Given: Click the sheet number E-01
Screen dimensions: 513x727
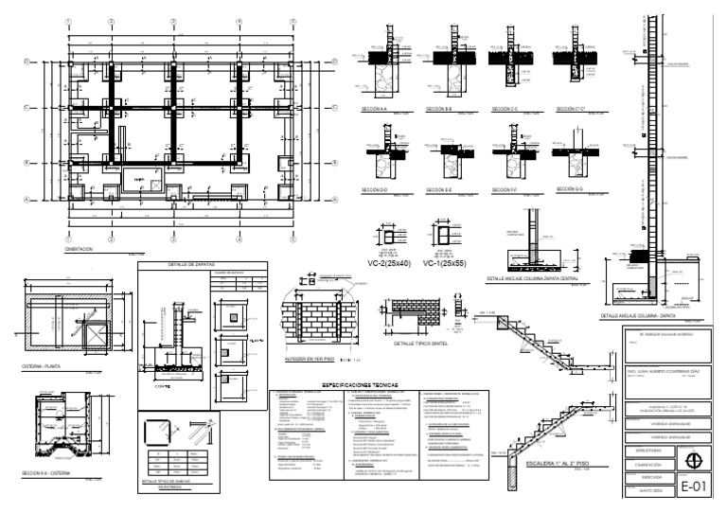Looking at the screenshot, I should pos(694,486).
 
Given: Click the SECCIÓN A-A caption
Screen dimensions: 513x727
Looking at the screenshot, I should pos(375,111).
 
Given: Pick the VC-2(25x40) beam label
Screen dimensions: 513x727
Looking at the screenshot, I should pos(389,265).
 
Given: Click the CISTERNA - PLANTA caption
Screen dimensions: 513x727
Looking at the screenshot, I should pos(43,364).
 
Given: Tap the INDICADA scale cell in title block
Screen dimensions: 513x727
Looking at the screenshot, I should pos(644,479).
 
